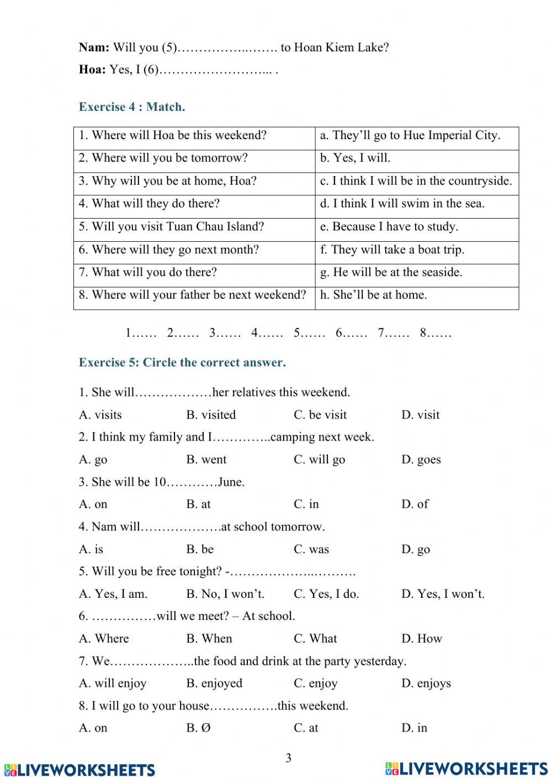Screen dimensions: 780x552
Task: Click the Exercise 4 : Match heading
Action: pyautogui.click(x=132, y=107)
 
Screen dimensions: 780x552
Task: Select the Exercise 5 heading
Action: pyautogui.click(x=182, y=363)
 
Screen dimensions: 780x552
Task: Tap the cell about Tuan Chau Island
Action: pyautogui.click(x=172, y=227)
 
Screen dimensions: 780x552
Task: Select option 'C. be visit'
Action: pyautogui.click(x=320, y=415)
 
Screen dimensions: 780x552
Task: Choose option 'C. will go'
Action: pyautogui.click(x=319, y=460)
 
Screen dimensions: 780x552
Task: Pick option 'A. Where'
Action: pyautogui.click(x=104, y=639)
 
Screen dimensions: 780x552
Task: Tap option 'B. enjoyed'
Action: pyautogui.click(x=214, y=683)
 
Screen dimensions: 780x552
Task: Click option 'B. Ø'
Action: pyautogui.click(x=199, y=728)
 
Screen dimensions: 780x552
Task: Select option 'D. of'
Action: pyautogui.click(x=415, y=505)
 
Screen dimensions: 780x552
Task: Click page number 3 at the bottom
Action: pyautogui.click(x=288, y=758)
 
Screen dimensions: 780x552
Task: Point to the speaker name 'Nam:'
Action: pyautogui.click(x=94, y=48)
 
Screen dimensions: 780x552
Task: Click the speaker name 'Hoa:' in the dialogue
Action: pyautogui.click(x=92, y=70)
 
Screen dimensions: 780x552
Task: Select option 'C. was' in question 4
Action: pyautogui.click(x=311, y=549)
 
